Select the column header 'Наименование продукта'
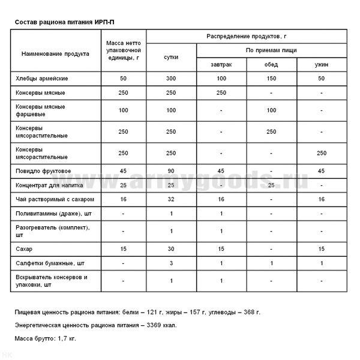pos(55,53)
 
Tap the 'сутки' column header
pos(171,58)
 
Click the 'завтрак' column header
pos(221,65)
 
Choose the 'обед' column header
pos(271,65)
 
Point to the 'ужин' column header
pos(322,65)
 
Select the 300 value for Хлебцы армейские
pos(171,79)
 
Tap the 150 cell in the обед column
pos(271,79)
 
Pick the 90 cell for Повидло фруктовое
pos(171,171)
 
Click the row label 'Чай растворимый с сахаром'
pos(55,199)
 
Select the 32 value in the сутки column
pos(171,199)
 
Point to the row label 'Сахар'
pos(25,248)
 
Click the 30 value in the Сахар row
pos(171,248)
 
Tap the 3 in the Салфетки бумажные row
pos(171,263)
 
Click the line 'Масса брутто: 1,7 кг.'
pos(46,338)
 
